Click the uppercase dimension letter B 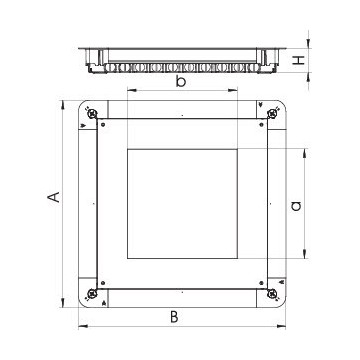click(174, 317)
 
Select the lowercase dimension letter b click(180, 81)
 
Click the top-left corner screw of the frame click(93, 118)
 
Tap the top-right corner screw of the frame click(268, 118)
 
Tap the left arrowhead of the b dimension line click(129, 91)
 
